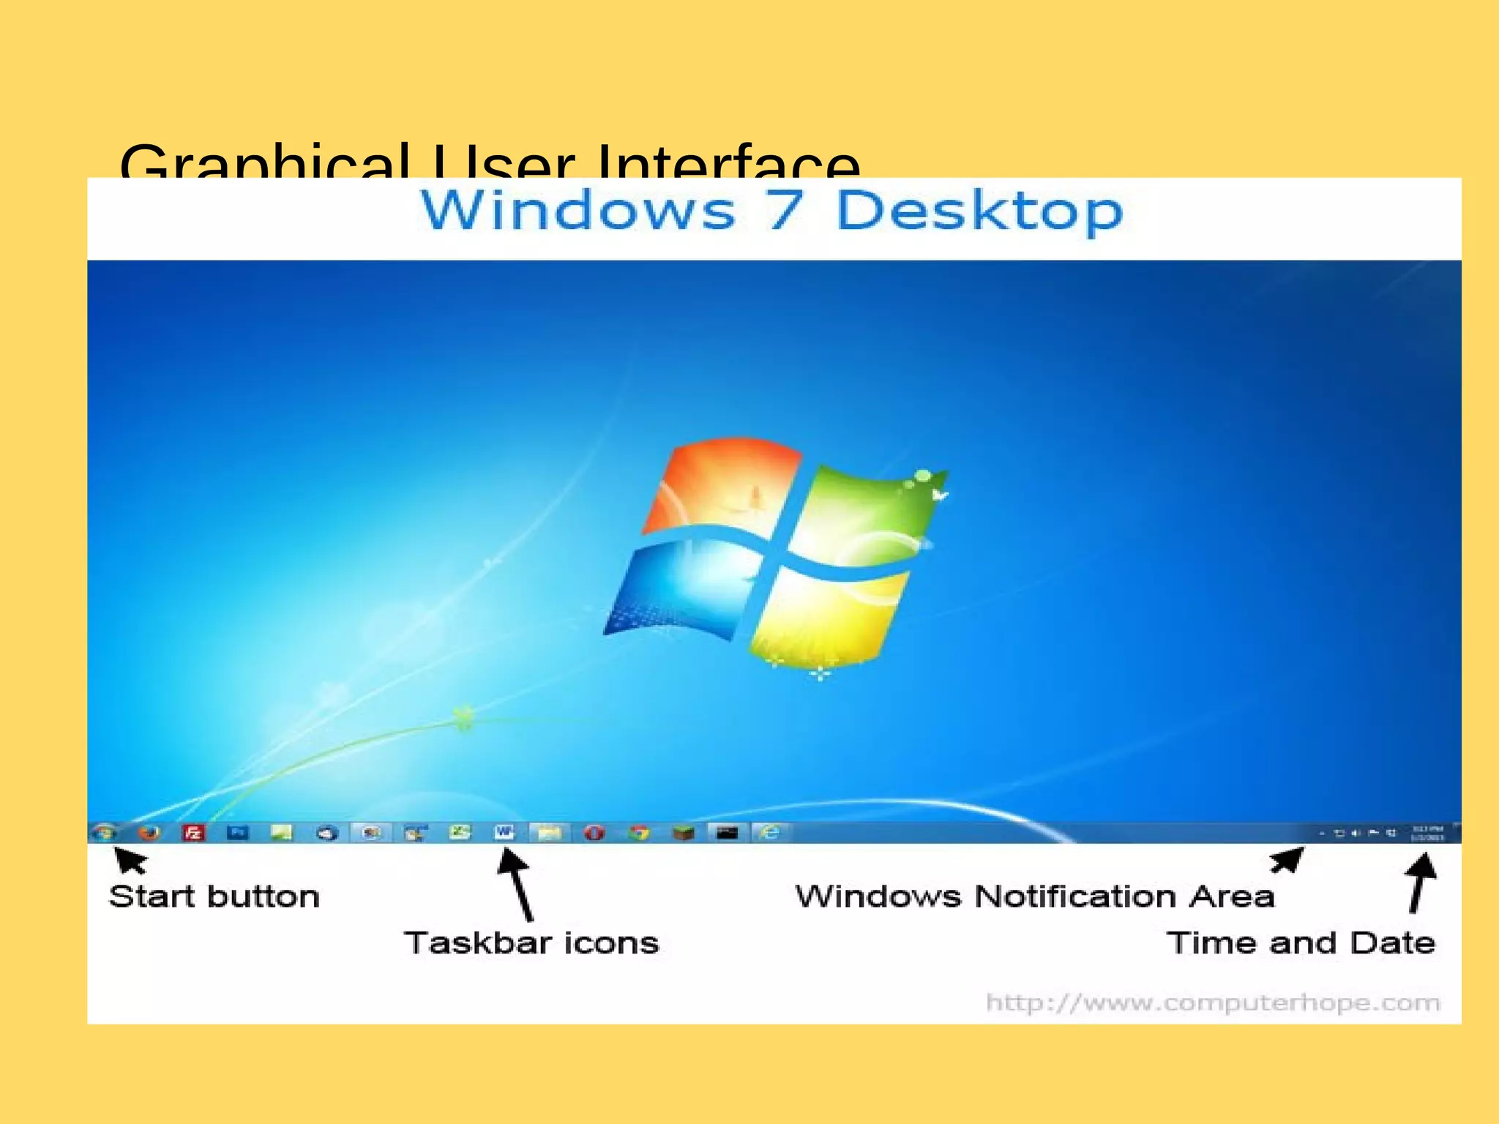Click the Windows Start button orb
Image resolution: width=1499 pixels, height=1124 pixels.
click(105, 832)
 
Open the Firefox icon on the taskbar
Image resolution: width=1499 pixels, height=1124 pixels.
click(149, 832)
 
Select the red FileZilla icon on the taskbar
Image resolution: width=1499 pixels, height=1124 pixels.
click(193, 833)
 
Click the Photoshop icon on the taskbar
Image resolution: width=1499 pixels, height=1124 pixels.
click(237, 833)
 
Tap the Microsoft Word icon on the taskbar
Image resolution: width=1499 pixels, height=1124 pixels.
click(504, 832)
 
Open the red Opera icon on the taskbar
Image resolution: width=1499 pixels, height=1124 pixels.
click(594, 833)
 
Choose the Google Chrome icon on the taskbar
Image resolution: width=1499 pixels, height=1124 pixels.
click(639, 833)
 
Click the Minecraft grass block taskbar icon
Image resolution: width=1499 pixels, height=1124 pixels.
click(684, 833)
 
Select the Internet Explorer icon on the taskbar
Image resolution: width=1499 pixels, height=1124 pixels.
click(771, 832)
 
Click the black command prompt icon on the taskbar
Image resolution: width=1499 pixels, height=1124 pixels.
click(728, 833)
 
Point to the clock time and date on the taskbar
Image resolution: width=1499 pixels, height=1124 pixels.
click(1427, 833)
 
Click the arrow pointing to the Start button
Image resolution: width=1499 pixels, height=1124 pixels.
click(130, 861)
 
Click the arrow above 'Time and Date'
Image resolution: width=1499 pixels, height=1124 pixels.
click(1421, 883)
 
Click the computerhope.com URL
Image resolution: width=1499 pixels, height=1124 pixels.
click(1213, 1003)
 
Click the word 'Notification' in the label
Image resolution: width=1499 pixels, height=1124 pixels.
click(1076, 896)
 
